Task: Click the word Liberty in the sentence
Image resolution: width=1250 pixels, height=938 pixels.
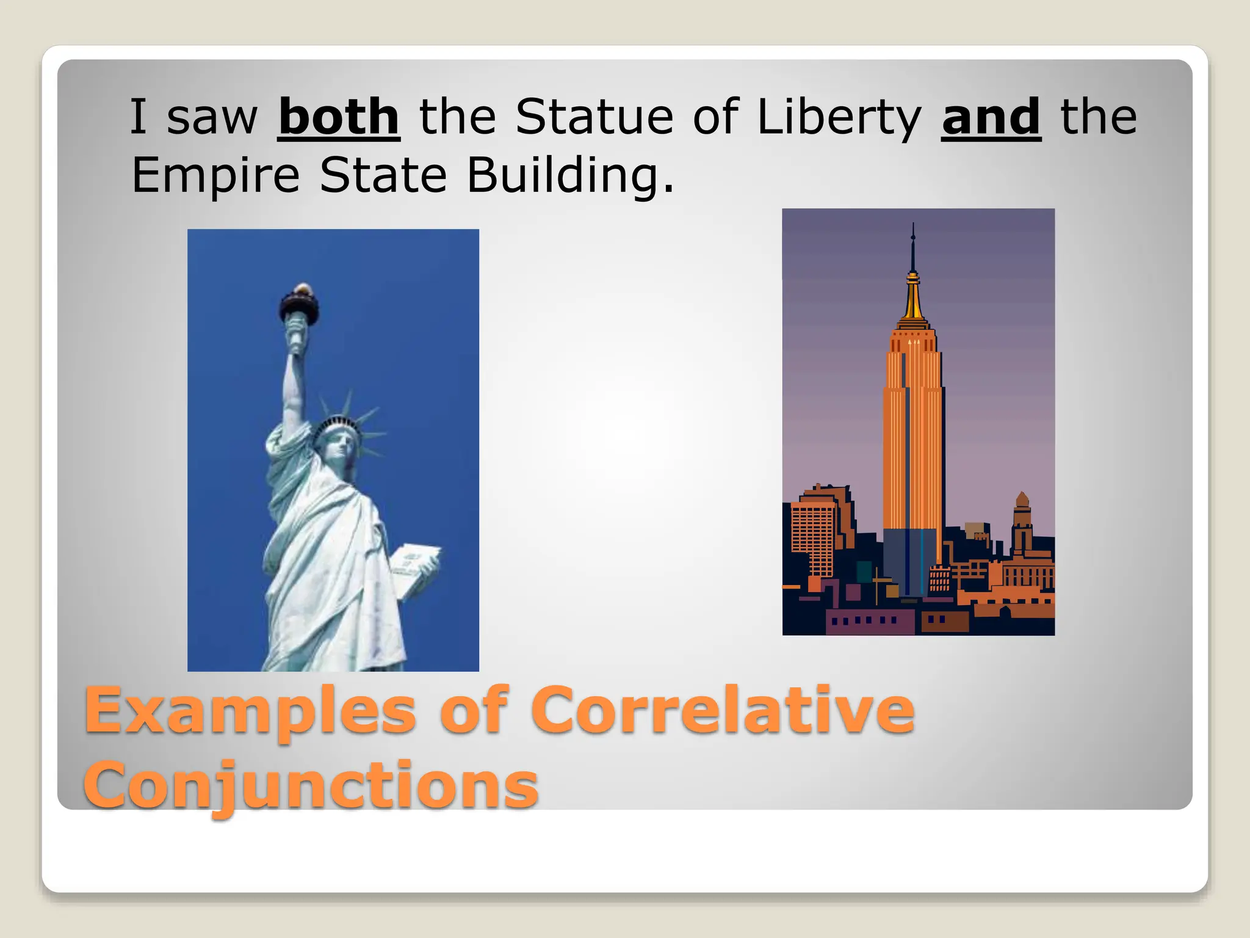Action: [x=839, y=118]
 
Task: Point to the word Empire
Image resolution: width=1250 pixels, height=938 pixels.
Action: [x=215, y=175]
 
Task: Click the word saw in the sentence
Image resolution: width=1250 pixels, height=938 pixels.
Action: [x=212, y=118]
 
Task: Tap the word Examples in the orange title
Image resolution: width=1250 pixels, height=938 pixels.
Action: [x=250, y=711]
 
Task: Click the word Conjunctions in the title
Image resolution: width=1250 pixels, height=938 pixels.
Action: [x=311, y=785]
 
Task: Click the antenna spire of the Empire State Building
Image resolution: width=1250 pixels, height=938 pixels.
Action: [x=913, y=250]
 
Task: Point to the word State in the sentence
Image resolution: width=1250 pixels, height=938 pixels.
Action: [x=383, y=175]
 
